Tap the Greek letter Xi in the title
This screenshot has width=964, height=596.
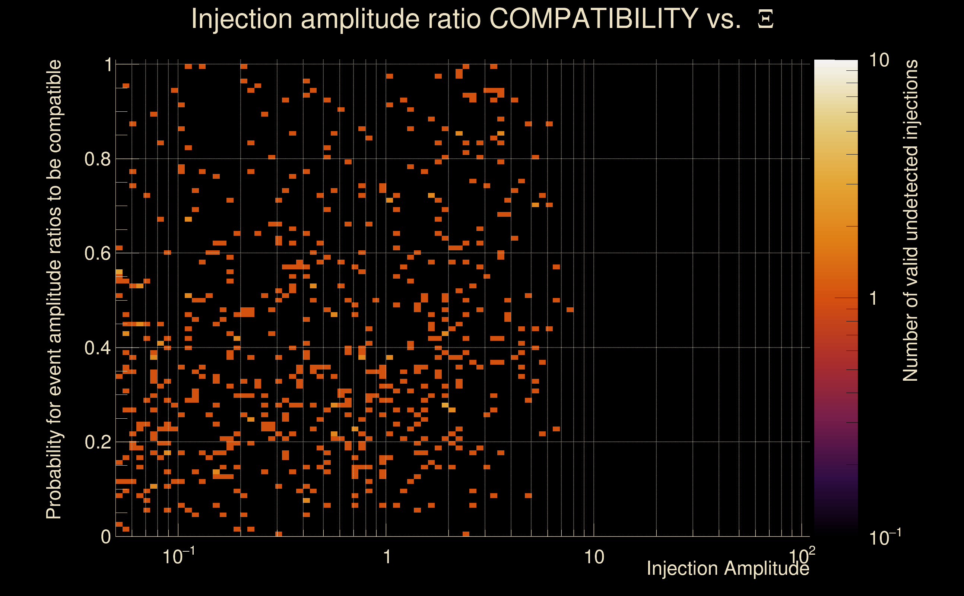(765, 19)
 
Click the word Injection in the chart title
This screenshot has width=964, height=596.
(242, 19)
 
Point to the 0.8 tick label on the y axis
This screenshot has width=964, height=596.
(97, 159)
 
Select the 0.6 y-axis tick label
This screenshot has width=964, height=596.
(97, 253)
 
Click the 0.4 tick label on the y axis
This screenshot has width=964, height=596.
(97, 348)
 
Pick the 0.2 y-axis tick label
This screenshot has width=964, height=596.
(97, 442)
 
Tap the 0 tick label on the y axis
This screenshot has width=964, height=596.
(106, 536)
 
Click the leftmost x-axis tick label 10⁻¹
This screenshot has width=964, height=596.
(178, 556)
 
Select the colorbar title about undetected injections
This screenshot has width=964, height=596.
(910, 221)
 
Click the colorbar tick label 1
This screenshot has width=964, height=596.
(874, 298)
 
